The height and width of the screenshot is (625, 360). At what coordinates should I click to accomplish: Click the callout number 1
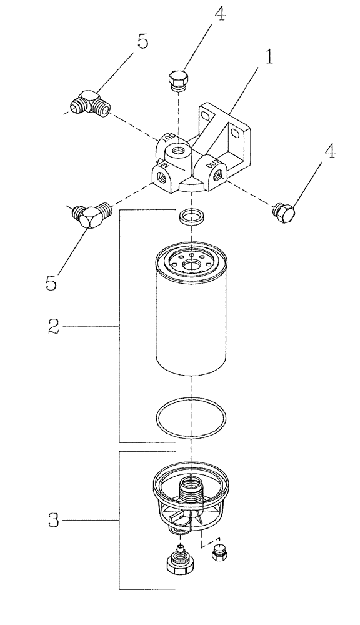pos(269,57)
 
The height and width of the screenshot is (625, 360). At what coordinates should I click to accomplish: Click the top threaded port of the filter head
pos(178,151)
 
